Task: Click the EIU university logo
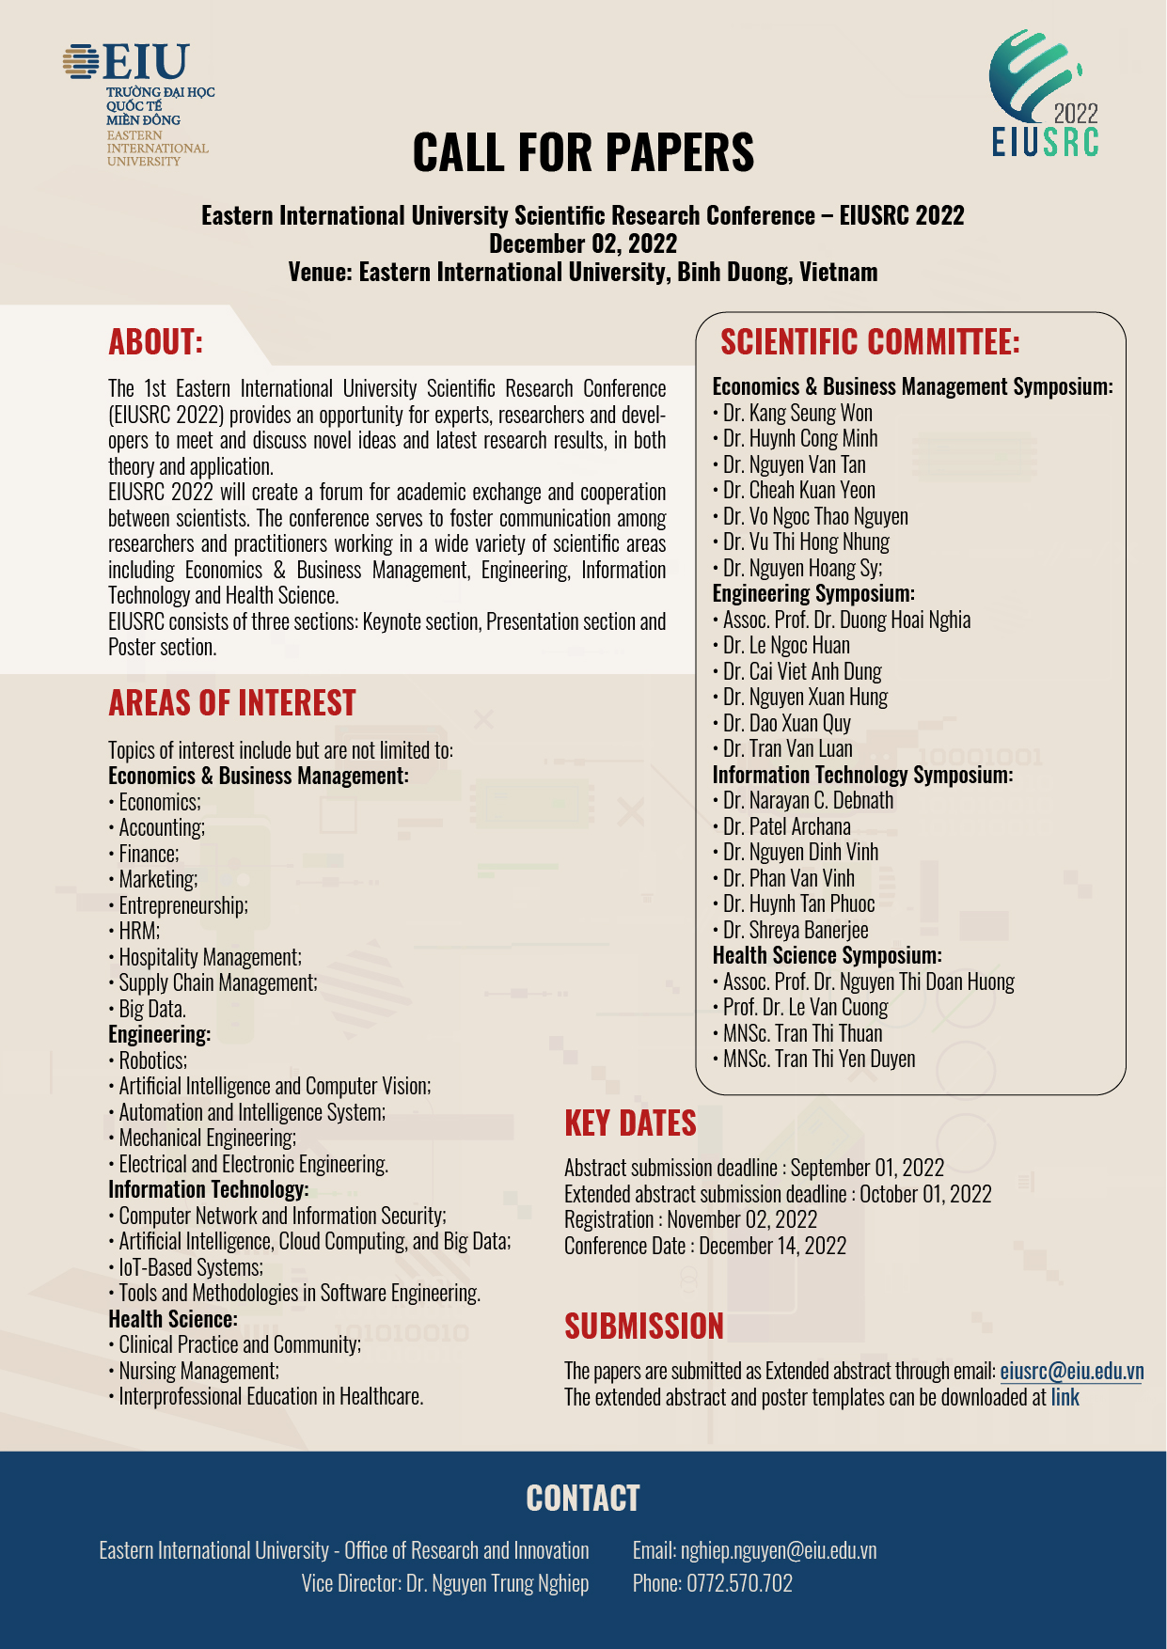pyautogui.click(x=139, y=102)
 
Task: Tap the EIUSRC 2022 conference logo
pyautogui.click(x=1044, y=94)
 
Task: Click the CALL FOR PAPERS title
pyautogui.click(x=583, y=152)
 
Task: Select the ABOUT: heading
pyautogui.click(x=156, y=342)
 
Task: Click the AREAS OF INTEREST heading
pyautogui.click(x=232, y=703)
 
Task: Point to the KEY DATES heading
pyautogui.click(x=630, y=1123)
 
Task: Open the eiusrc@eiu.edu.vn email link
pyautogui.click(x=1071, y=1372)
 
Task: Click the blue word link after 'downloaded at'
pyautogui.click(x=1064, y=1397)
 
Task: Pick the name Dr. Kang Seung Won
pyautogui.click(x=797, y=414)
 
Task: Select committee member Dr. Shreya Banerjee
pyautogui.click(x=796, y=931)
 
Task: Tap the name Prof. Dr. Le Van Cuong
pyautogui.click(x=805, y=1008)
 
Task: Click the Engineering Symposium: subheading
pyautogui.click(x=813, y=594)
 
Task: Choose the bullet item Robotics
pyautogui.click(x=152, y=1060)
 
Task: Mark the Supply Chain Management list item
pyautogui.click(x=217, y=983)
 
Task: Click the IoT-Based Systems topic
pyautogui.click(x=190, y=1267)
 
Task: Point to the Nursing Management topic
pyautogui.click(x=198, y=1371)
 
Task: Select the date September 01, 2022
pyautogui.click(x=867, y=1168)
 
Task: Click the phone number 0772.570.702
pyautogui.click(x=739, y=1583)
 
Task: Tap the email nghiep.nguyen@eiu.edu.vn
pyautogui.click(x=778, y=1550)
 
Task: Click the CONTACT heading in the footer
pyautogui.click(x=583, y=1499)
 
